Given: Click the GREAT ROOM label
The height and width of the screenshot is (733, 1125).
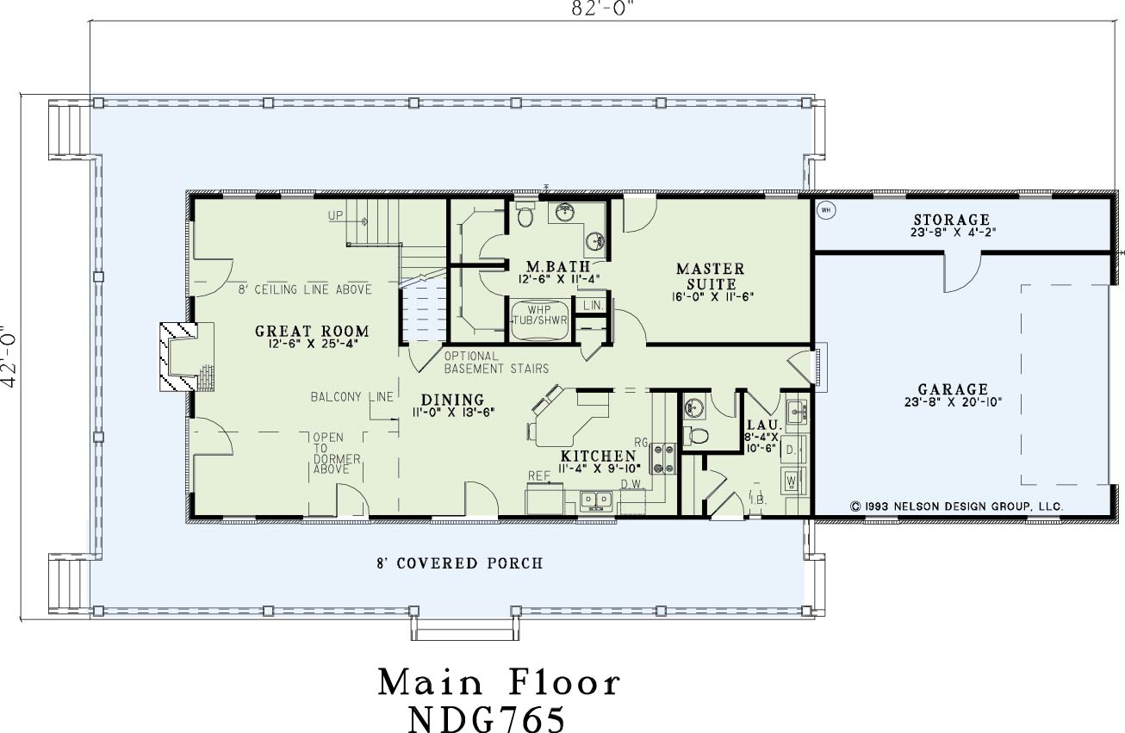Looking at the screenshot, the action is coord(312,332).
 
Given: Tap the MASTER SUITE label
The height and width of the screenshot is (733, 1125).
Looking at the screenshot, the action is coord(711,276).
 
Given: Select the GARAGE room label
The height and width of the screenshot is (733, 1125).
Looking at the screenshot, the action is coord(953,389).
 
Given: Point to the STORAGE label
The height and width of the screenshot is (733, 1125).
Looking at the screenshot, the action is coord(952,220).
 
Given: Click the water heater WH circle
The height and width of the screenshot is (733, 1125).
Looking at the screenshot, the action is coord(826,210).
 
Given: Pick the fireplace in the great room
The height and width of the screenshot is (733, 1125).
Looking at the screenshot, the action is coord(187,357).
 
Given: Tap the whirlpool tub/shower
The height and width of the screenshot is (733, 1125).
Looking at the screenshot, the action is coord(540,320).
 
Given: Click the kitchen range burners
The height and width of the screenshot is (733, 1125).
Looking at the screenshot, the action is coord(663,458).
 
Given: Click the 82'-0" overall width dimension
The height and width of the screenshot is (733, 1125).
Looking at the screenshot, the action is coord(600,9).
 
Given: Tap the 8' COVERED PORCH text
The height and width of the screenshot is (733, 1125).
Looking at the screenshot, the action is coord(460,563).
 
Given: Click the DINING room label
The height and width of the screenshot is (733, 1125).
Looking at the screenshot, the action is coord(452,400).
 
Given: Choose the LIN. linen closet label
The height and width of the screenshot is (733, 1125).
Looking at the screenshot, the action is coord(594,305).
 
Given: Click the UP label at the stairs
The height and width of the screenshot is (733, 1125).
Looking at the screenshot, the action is coord(335,216).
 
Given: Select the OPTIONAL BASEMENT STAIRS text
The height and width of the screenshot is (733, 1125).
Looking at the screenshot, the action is coord(496,363).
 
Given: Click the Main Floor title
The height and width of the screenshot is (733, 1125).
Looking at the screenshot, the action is coord(500,682).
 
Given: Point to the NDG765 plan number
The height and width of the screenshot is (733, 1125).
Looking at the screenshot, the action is coord(487,719).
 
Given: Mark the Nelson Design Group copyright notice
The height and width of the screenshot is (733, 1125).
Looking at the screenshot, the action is coord(957,506).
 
